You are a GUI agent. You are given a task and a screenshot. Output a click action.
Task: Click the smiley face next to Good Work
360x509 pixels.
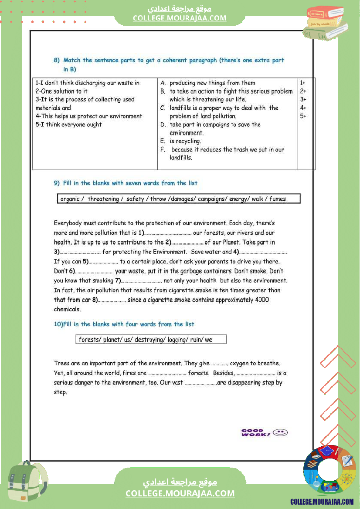pos(281,432)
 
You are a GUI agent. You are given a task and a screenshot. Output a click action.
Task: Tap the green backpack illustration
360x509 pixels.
pos(27,481)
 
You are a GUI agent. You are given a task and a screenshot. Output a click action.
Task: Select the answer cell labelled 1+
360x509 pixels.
pos(303,83)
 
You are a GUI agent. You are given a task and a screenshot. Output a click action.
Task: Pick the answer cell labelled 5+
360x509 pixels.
pos(303,116)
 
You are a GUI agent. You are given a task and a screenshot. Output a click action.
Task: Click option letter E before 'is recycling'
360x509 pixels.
pos(163,141)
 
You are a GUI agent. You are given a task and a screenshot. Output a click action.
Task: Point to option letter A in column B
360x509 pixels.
pos(163,83)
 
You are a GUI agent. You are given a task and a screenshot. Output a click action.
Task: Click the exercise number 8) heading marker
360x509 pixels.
pos(57,61)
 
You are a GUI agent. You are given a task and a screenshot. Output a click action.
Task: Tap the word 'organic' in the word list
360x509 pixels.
pos(70,199)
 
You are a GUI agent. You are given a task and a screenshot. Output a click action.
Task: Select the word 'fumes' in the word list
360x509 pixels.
pos(278,199)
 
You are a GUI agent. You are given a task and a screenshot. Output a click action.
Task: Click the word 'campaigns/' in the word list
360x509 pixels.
pos(212,199)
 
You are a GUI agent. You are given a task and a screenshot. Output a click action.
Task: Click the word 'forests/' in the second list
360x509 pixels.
pos(89,340)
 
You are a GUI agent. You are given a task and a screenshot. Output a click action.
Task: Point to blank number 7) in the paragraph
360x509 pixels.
pos(141,281)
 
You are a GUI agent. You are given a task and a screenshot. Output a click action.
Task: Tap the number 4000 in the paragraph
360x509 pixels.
pos(262,300)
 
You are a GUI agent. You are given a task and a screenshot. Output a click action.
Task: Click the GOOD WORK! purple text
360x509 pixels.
pos(256,432)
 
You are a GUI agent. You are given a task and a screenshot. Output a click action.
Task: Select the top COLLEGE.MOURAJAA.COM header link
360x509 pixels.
pos(180,18)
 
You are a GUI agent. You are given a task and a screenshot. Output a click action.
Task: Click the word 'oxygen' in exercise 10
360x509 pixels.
pos(239,363)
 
